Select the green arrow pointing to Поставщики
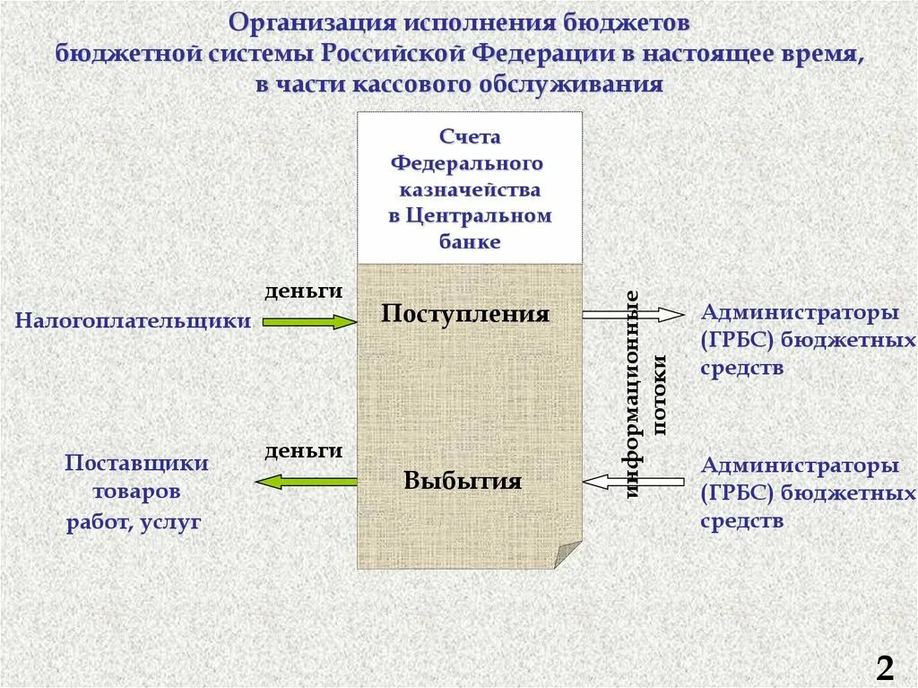coord(306,482)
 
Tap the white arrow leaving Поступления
coord(633,314)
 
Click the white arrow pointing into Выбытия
coord(633,482)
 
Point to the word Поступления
coord(464,314)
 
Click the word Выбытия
coord(463,481)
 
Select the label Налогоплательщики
coord(133,321)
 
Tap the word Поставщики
coord(137,463)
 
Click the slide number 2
coord(885,668)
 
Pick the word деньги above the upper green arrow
coord(304,292)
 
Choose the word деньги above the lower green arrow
coord(304,451)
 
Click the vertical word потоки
coord(661,395)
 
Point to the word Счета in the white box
coord(470,138)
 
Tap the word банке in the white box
coord(470,241)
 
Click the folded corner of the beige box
coord(567,554)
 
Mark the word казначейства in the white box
coord(470,190)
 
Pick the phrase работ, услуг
coord(134,522)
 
